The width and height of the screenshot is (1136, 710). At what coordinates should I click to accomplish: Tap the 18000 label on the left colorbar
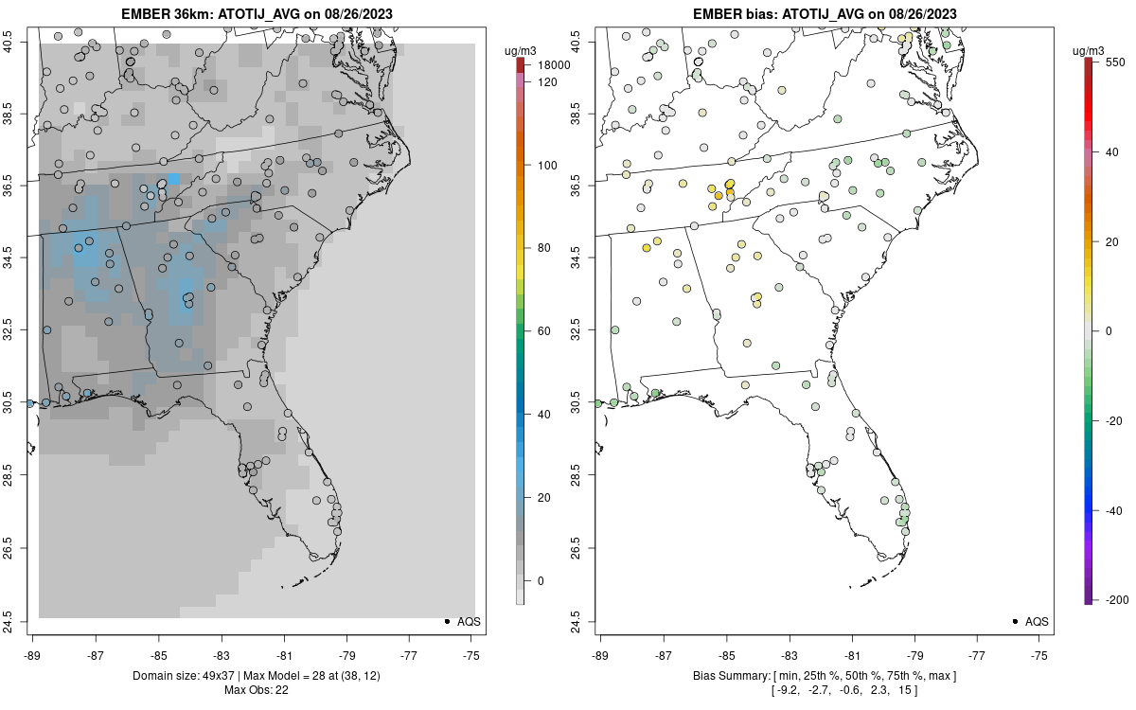pyautogui.click(x=554, y=65)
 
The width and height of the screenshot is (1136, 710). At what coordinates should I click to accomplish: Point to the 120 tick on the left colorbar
pyautogui.click(x=547, y=81)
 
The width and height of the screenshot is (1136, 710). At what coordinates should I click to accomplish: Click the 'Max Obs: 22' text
pyautogui.click(x=257, y=689)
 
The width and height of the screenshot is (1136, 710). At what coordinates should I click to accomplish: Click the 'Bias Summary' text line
pyautogui.click(x=825, y=675)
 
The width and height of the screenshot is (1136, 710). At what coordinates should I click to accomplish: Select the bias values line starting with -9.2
pyautogui.click(x=825, y=689)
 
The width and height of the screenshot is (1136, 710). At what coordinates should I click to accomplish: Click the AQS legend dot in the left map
pyautogui.click(x=446, y=621)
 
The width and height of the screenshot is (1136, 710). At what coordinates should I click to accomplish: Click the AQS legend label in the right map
pyautogui.click(x=1037, y=621)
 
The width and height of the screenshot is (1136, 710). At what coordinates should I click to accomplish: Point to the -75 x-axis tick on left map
pyautogui.click(x=471, y=653)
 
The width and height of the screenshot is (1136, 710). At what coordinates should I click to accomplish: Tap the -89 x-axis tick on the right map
pyautogui.click(x=600, y=653)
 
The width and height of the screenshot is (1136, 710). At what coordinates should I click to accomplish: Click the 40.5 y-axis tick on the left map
pyautogui.click(x=19, y=43)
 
